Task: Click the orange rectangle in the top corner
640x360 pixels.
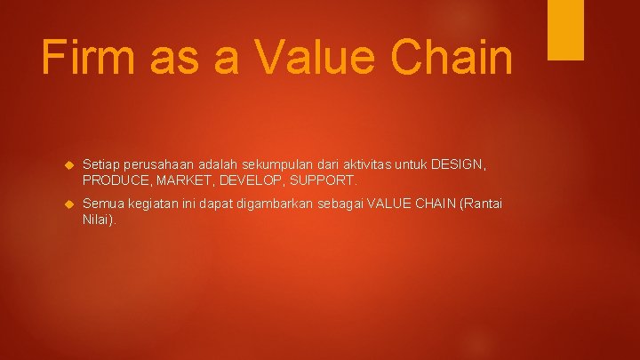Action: [x=565, y=29]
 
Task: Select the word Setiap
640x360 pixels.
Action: [x=100, y=164]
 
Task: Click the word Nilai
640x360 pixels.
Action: [x=98, y=220]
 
